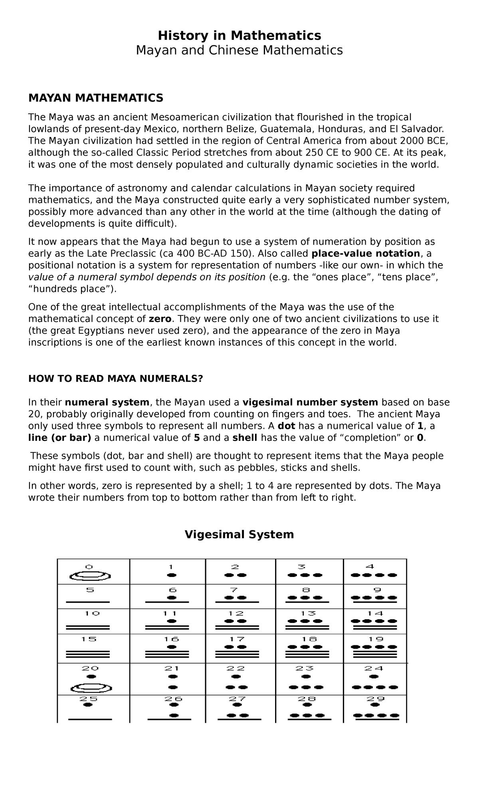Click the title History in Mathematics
[x=239, y=36]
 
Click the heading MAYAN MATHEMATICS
[x=95, y=97]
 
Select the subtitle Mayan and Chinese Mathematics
[x=239, y=50]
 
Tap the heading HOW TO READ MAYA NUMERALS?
[x=116, y=379]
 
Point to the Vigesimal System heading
[x=239, y=534]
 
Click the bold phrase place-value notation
[x=365, y=254]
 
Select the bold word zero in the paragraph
[x=160, y=319]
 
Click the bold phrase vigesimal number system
[x=310, y=402]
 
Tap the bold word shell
[x=245, y=438]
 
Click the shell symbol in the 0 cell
[x=90, y=576]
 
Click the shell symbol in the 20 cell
[x=91, y=688]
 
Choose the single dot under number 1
[x=172, y=575]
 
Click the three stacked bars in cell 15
[x=87, y=654]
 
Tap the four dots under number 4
[x=374, y=575]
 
